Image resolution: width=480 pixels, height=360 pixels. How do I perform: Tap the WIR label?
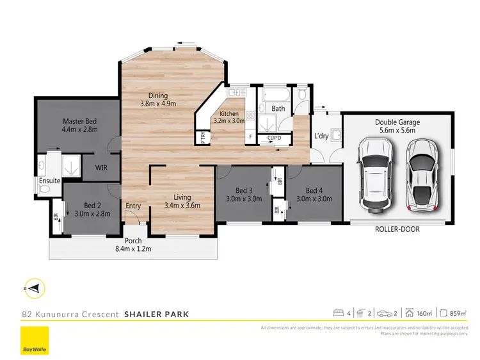[101, 168]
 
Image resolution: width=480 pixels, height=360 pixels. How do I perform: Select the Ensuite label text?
[49, 181]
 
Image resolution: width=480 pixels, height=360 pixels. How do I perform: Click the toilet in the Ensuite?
[42, 165]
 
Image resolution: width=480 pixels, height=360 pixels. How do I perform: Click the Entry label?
[133, 206]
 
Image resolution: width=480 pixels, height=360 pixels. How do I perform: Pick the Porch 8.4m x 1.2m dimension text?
[133, 245]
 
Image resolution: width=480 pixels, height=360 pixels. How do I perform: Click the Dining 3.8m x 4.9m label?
[158, 99]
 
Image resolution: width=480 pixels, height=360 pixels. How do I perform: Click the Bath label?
[278, 109]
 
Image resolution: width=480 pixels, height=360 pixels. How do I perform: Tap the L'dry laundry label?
[321, 136]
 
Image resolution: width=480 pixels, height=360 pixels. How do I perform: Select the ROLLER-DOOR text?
[397, 229]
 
